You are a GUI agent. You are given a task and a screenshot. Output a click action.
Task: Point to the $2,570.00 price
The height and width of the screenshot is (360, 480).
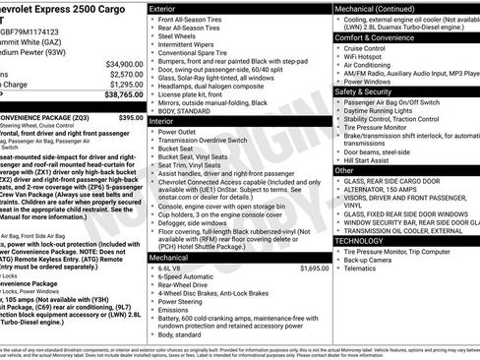click(118, 74)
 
